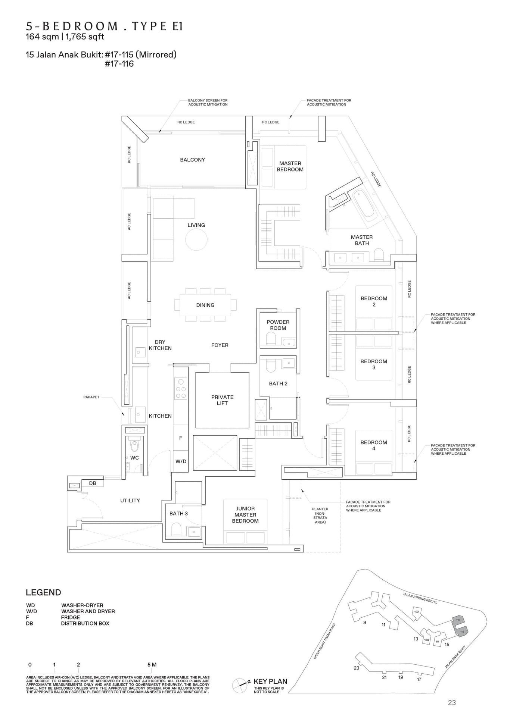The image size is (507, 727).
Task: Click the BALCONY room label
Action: [x=192, y=160]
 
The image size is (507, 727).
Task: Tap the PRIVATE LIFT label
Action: [x=222, y=400]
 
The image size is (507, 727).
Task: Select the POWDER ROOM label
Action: [x=278, y=325]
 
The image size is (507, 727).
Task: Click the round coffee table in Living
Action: [x=196, y=240]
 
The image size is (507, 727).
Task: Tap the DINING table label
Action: [x=205, y=305]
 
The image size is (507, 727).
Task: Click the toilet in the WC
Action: [x=134, y=445]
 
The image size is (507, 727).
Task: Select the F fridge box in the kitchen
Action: [x=181, y=438]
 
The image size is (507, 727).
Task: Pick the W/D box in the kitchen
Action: [x=181, y=461]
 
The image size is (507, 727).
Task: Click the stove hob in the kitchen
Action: [x=181, y=388]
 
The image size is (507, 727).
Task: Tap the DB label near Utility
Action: [x=93, y=483]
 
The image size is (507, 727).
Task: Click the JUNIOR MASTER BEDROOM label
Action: [x=245, y=515]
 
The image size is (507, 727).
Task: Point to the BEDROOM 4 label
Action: [x=373, y=445]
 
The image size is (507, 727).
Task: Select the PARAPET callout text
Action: [x=91, y=397]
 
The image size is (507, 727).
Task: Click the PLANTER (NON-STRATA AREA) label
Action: [x=320, y=516]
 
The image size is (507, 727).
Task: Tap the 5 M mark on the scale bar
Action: [x=152, y=664]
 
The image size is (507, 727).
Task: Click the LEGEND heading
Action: [x=43, y=592]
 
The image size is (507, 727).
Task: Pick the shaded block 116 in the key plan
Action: [x=461, y=631]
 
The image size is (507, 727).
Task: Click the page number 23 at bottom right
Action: [x=452, y=703]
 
